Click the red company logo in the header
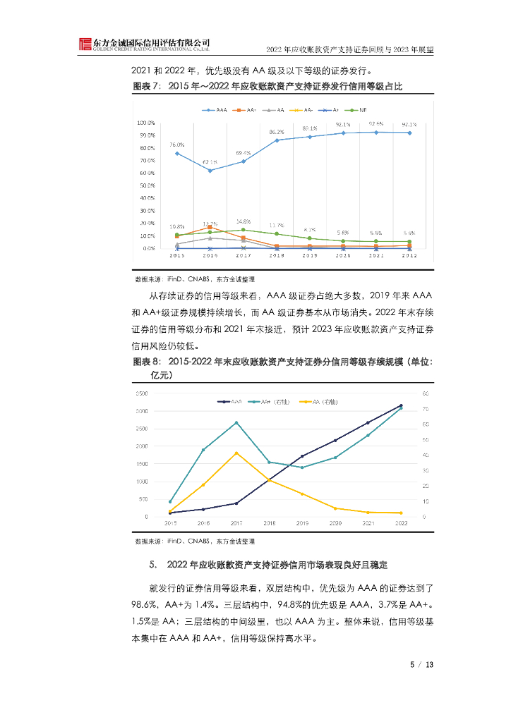pos(85,44)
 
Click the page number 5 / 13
pos(421,664)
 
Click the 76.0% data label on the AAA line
pos(176,145)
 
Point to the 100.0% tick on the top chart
pos(147,123)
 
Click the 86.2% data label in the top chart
pos(277,132)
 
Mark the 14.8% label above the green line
pos(244,221)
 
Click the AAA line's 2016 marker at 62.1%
pos(210,170)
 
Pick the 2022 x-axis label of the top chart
pos(410,257)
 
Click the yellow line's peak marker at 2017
pos(236,453)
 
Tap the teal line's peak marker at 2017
pos(236,422)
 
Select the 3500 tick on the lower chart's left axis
pos(140,393)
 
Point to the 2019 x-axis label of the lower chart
pos(302,523)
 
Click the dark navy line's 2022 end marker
pos(401,405)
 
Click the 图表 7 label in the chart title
pos(146,86)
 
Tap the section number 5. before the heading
pos(152,565)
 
